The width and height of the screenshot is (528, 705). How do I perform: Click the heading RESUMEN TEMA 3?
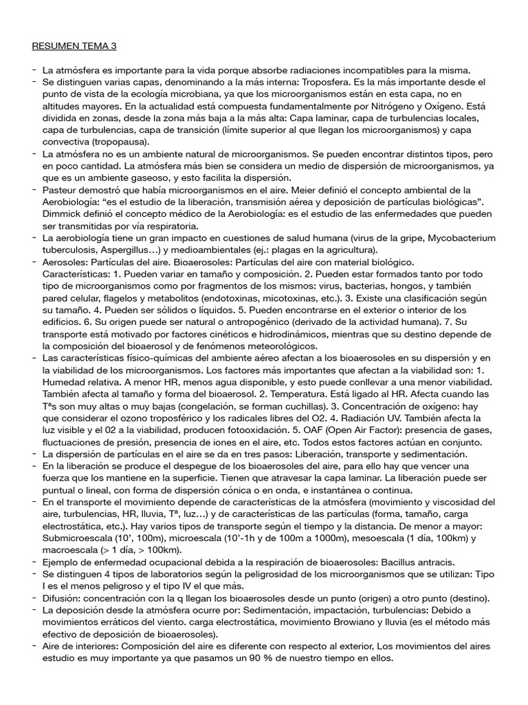(x=74, y=47)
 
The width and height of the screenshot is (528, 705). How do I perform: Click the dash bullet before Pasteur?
(x=34, y=190)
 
